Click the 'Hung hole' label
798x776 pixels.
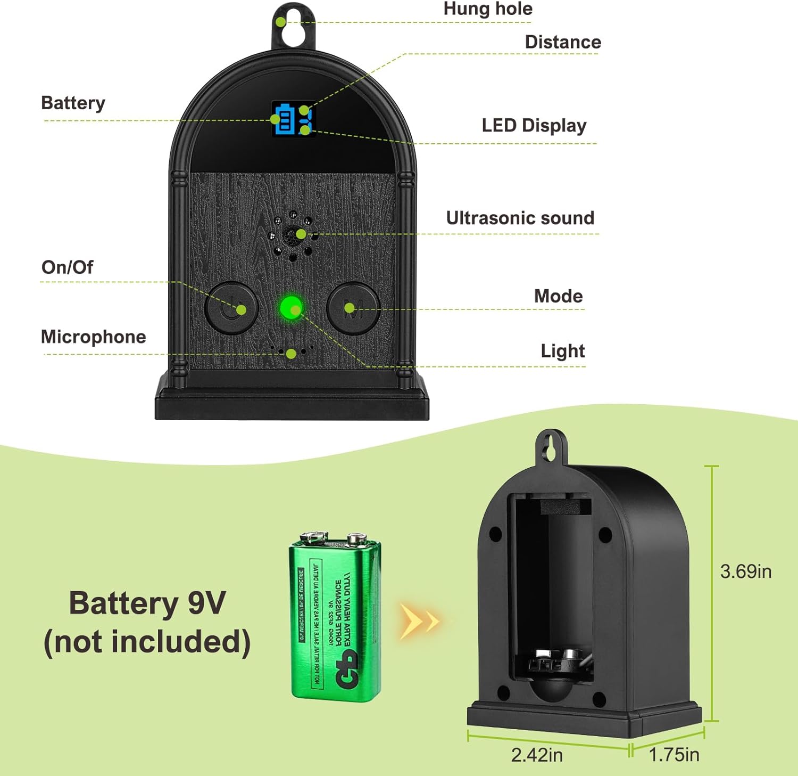click(x=488, y=9)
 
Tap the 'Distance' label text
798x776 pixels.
click(x=563, y=42)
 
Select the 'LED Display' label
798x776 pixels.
click(x=534, y=126)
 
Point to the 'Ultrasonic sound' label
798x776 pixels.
click(x=520, y=218)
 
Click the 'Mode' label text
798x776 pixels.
click(x=558, y=296)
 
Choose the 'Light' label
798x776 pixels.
click(x=562, y=351)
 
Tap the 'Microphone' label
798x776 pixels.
click(x=94, y=337)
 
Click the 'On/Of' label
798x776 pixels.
click(x=67, y=267)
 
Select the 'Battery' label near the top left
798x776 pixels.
click(x=73, y=103)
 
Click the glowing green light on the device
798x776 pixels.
click(x=291, y=308)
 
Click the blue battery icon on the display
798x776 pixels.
click(x=284, y=118)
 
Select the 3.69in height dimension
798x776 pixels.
click(x=745, y=571)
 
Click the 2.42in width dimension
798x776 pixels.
click(x=536, y=755)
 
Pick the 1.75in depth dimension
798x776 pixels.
click(x=674, y=755)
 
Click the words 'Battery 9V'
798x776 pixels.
click(x=147, y=603)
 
